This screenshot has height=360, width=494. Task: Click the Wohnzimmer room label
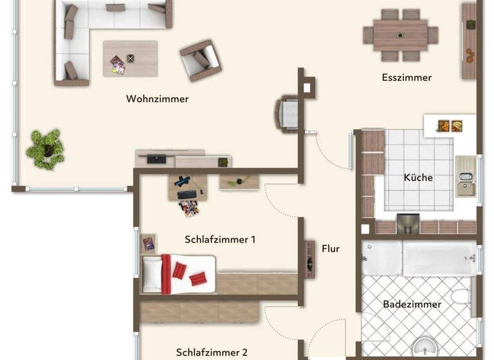(158, 99)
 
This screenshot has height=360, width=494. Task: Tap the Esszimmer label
(407, 78)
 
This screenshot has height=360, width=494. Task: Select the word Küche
(418, 177)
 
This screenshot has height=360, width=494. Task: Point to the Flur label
(331, 248)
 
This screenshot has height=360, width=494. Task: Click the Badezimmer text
(412, 304)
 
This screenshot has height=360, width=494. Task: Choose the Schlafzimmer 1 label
(220, 240)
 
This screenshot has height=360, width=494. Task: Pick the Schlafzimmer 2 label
(212, 352)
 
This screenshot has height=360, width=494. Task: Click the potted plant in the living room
(45, 148)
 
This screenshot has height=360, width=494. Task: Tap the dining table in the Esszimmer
(400, 33)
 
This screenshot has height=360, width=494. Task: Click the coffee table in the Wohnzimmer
(130, 59)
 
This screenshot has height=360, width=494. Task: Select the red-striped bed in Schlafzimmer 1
(178, 273)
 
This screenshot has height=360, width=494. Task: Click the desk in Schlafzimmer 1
(188, 186)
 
